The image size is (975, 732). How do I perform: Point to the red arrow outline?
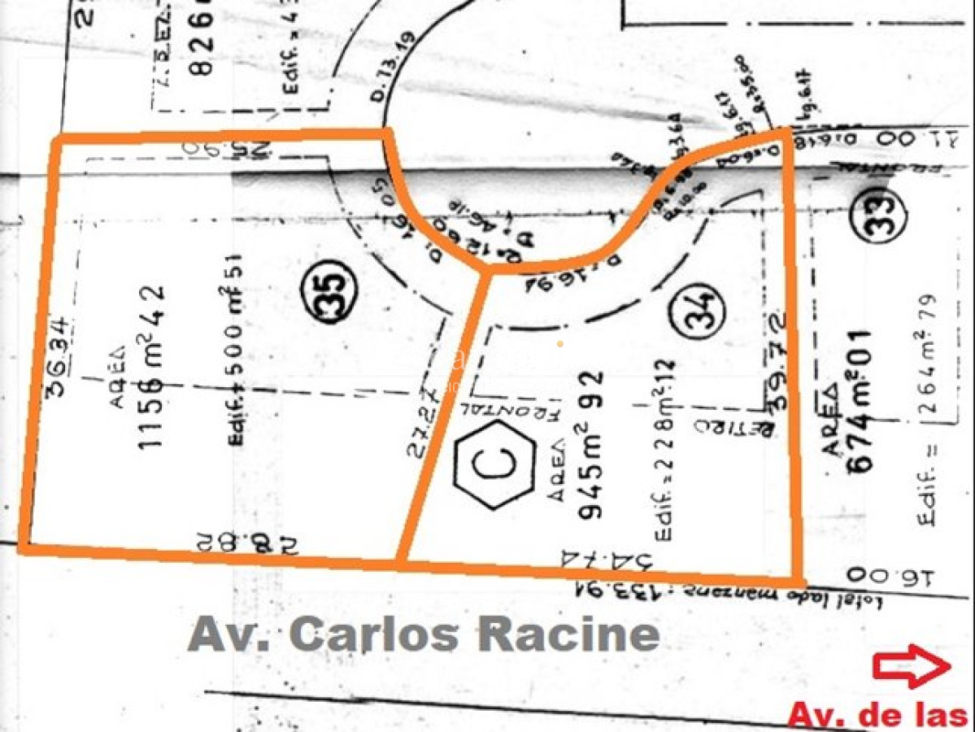tap(912, 666)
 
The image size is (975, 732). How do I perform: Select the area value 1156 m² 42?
tap(152, 367)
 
